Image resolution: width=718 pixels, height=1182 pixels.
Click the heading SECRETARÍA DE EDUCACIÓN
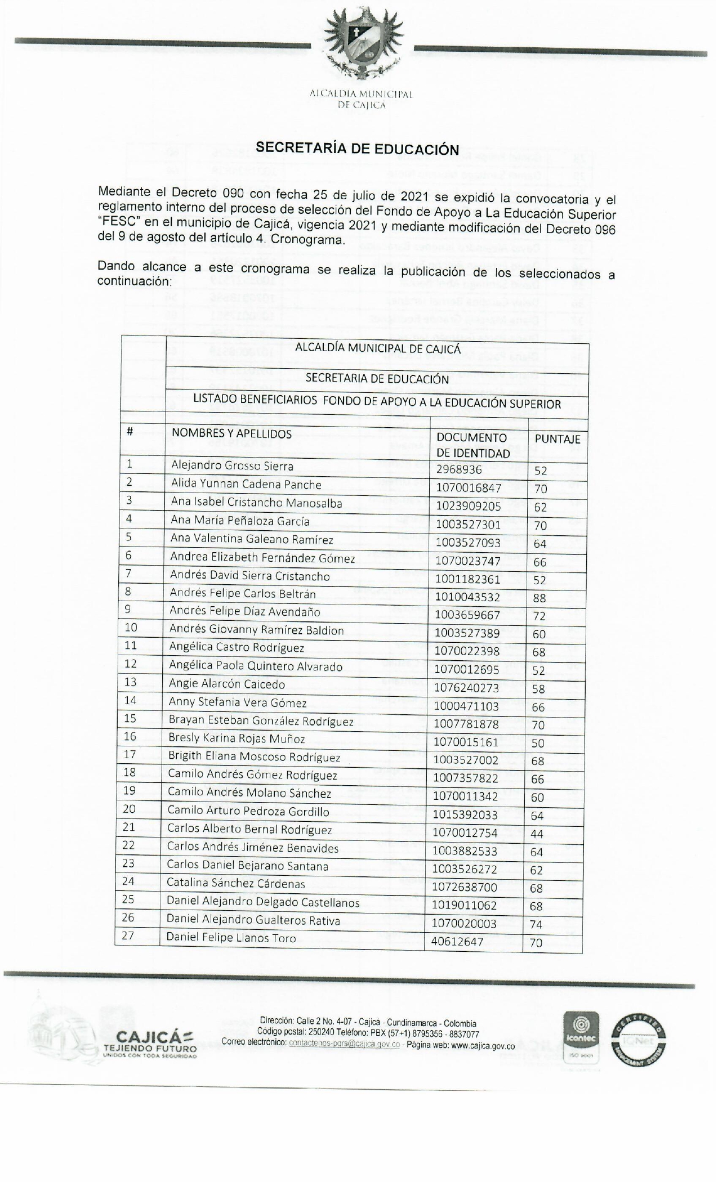point(358,149)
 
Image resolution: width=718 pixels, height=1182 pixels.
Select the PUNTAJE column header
point(557,439)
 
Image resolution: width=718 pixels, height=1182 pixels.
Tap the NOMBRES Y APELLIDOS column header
point(231,433)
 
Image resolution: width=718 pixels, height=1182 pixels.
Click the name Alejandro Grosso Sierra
point(232,466)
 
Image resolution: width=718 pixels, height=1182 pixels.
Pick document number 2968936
point(459,469)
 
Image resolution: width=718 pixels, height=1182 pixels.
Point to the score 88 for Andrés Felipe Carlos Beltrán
point(539,598)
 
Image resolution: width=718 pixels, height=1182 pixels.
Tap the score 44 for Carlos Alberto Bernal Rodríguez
point(537,834)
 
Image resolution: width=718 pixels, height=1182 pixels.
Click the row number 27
point(128,937)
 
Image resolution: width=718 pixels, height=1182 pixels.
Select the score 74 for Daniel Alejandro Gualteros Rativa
point(536,924)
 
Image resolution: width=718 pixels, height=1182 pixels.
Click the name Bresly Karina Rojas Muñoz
point(237,738)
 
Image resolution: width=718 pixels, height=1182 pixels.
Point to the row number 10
point(130,628)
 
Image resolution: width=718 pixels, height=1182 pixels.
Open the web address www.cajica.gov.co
point(483,1046)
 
